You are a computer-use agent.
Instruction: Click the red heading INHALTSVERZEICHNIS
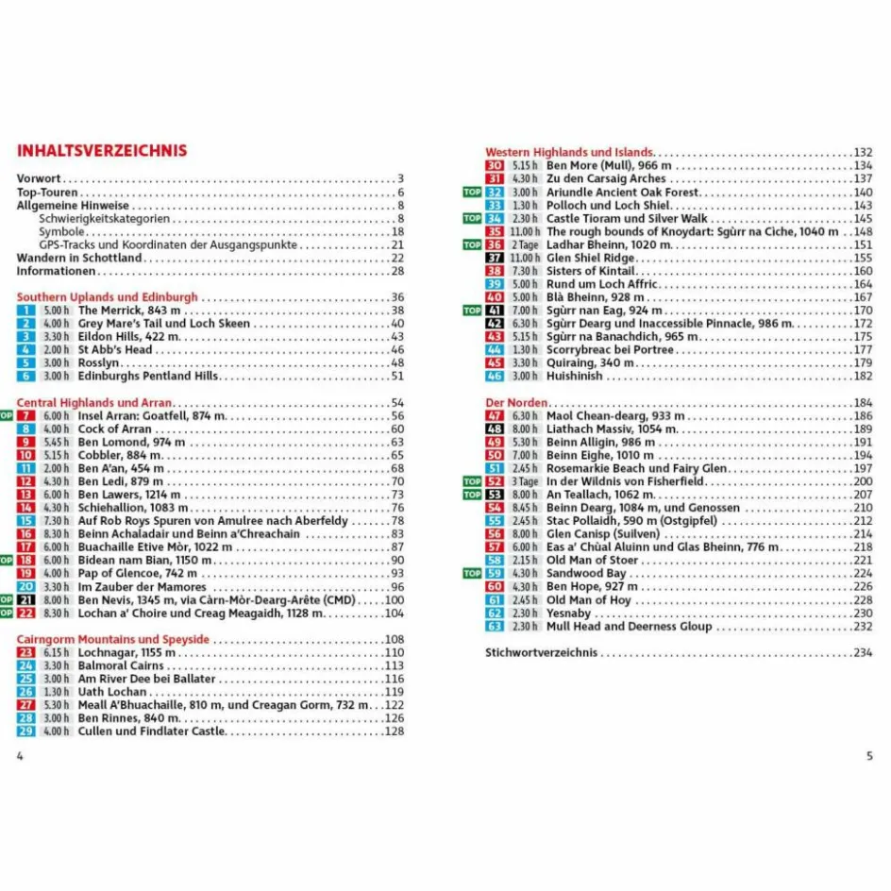coord(102,151)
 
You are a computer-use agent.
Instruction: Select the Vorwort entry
coord(39,178)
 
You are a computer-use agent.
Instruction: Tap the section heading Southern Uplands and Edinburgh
coord(108,297)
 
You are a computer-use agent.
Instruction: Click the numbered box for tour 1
coord(26,311)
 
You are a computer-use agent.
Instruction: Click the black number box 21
coord(26,600)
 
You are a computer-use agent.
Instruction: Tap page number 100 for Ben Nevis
coord(395,600)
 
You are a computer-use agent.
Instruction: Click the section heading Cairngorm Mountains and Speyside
coord(113,640)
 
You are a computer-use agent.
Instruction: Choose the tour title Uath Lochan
coord(112,692)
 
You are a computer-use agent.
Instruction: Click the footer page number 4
coord(20,755)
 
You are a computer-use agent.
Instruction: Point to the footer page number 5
coord(869,755)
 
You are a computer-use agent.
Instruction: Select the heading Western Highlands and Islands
coord(569,152)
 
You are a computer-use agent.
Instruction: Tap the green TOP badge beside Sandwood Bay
coord(472,574)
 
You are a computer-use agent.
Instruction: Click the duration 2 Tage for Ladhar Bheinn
coord(526,244)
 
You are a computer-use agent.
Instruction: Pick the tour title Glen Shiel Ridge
coord(591,258)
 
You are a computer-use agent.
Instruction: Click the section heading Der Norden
coord(516,403)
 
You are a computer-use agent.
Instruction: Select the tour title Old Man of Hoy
coord(589,600)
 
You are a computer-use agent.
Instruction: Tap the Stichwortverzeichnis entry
coord(541,652)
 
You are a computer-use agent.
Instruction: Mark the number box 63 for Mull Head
coord(495,627)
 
